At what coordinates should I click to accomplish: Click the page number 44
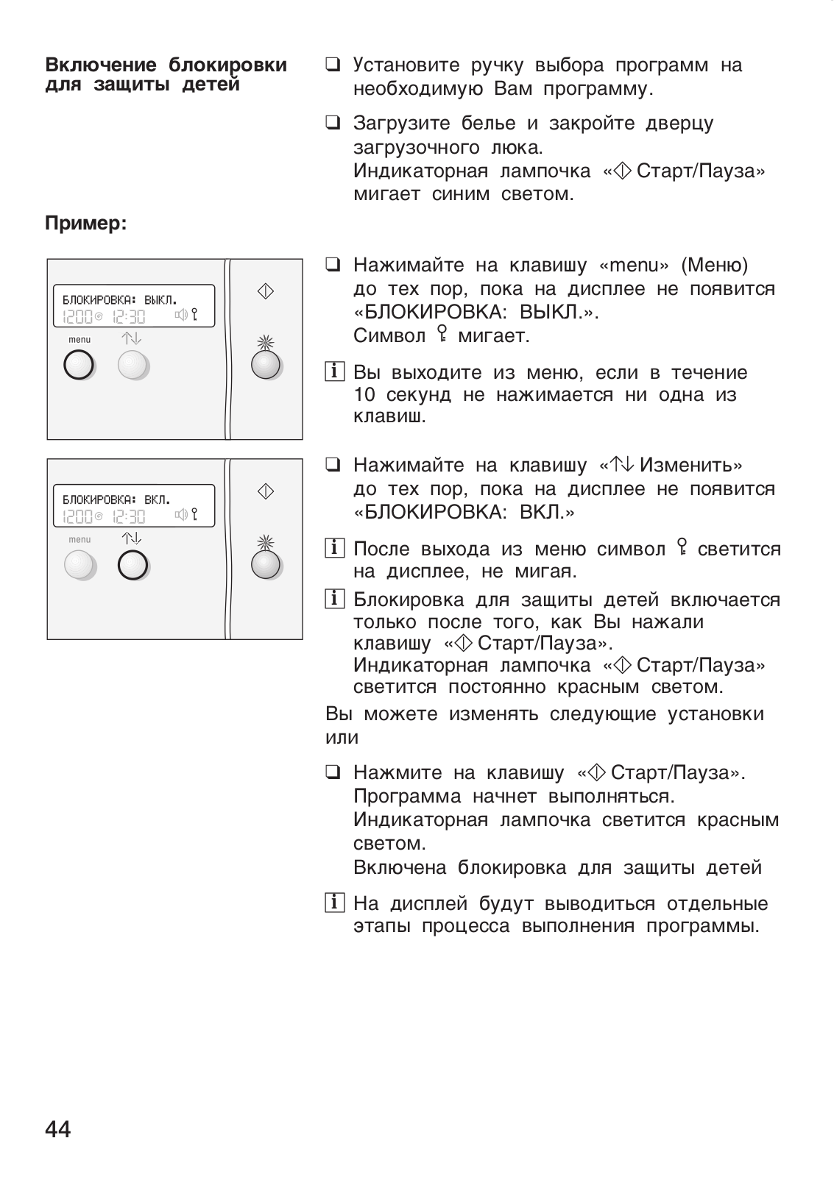[x=58, y=1128]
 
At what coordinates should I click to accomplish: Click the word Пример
[x=86, y=223]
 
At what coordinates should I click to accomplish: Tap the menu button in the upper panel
[x=79, y=365]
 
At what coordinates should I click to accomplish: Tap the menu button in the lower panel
[x=79, y=565]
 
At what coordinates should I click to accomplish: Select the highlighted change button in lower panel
[x=132, y=565]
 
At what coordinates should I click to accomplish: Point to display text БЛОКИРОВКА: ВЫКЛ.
[x=119, y=300]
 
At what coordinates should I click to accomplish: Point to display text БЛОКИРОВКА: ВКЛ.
[x=116, y=500]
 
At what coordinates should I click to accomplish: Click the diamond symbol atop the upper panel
[x=266, y=291]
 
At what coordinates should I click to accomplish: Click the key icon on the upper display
[x=194, y=316]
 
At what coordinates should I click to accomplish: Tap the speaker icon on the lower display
[x=181, y=515]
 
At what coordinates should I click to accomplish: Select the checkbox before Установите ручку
[x=333, y=65]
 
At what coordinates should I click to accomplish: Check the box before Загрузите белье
[x=333, y=123]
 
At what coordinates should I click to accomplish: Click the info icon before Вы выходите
[x=333, y=372]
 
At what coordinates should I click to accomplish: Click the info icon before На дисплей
[x=333, y=903]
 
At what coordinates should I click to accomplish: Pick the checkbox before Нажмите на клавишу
[x=333, y=772]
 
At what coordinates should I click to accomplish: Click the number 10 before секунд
[x=365, y=394]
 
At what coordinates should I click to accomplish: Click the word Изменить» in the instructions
[x=691, y=465]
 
